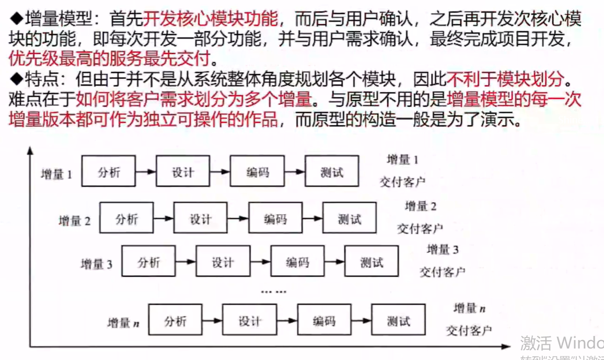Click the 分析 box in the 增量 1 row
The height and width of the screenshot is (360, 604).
[108, 171]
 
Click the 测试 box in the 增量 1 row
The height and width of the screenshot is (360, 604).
[332, 171]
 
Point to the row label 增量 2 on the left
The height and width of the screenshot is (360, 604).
[74, 221]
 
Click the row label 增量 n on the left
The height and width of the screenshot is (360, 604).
[123, 323]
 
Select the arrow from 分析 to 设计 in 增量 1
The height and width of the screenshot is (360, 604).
[145, 171]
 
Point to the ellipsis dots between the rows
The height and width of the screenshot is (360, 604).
[274, 291]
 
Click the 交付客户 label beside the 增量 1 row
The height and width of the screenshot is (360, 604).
[402, 182]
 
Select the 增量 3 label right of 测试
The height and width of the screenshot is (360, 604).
[443, 249]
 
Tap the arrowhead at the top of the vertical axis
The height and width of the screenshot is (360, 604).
[30, 152]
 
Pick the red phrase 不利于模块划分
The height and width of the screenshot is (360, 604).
[506, 79]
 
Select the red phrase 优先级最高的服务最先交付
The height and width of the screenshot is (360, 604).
[109, 57]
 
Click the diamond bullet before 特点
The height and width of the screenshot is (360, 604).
[15, 79]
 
